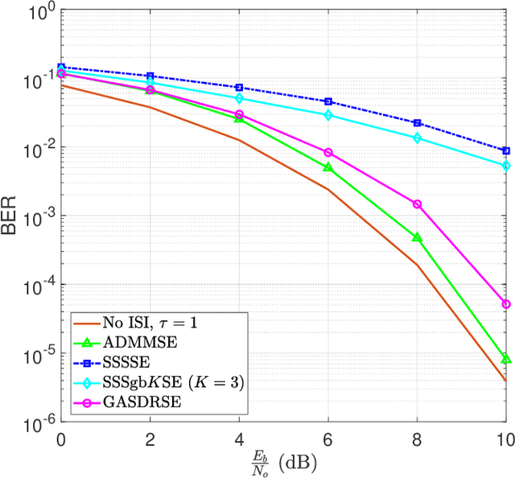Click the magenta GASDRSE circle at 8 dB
(x=417, y=204)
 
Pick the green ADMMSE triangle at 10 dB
(x=506, y=359)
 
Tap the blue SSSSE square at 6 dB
(x=328, y=101)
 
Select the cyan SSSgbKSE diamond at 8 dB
(x=417, y=138)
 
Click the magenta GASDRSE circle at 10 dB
(x=506, y=304)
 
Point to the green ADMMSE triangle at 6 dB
(x=328, y=167)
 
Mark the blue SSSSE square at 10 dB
(x=506, y=150)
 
